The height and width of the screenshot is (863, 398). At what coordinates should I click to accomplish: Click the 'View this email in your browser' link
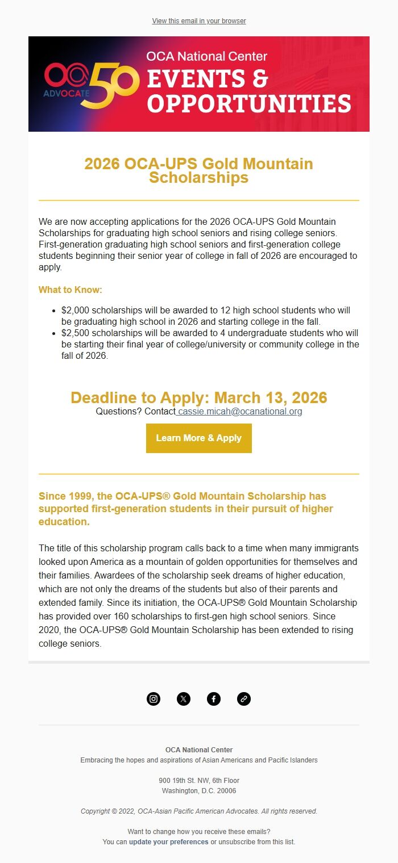click(199, 21)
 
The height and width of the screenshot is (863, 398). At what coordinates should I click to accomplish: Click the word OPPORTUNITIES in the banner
click(248, 104)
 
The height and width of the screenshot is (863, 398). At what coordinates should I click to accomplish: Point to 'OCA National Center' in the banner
click(206, 56)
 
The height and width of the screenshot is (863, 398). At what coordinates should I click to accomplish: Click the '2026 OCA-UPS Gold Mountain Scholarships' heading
click(199, 170)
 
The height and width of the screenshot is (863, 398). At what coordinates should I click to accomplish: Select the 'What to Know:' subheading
click(71, 290)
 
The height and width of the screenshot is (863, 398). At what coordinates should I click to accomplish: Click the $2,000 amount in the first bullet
click(76, 311)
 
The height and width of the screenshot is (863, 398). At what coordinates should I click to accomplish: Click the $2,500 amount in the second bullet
click(76, 333)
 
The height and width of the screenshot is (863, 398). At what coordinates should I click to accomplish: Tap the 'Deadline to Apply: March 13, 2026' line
click(199, 397)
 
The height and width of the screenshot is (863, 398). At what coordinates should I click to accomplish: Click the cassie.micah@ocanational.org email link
click(239, 411)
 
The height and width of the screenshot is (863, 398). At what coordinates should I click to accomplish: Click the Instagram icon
click(154, 699)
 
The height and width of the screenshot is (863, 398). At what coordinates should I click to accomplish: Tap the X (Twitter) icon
click(184, 699)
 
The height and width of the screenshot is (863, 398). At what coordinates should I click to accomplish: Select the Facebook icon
click(214, 699)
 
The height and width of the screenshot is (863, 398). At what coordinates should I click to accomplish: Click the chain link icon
click(244, 699)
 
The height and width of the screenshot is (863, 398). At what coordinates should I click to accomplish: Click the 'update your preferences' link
click(169, 842)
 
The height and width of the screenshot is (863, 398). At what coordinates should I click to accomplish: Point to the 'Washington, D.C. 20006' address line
click(199, 791)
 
